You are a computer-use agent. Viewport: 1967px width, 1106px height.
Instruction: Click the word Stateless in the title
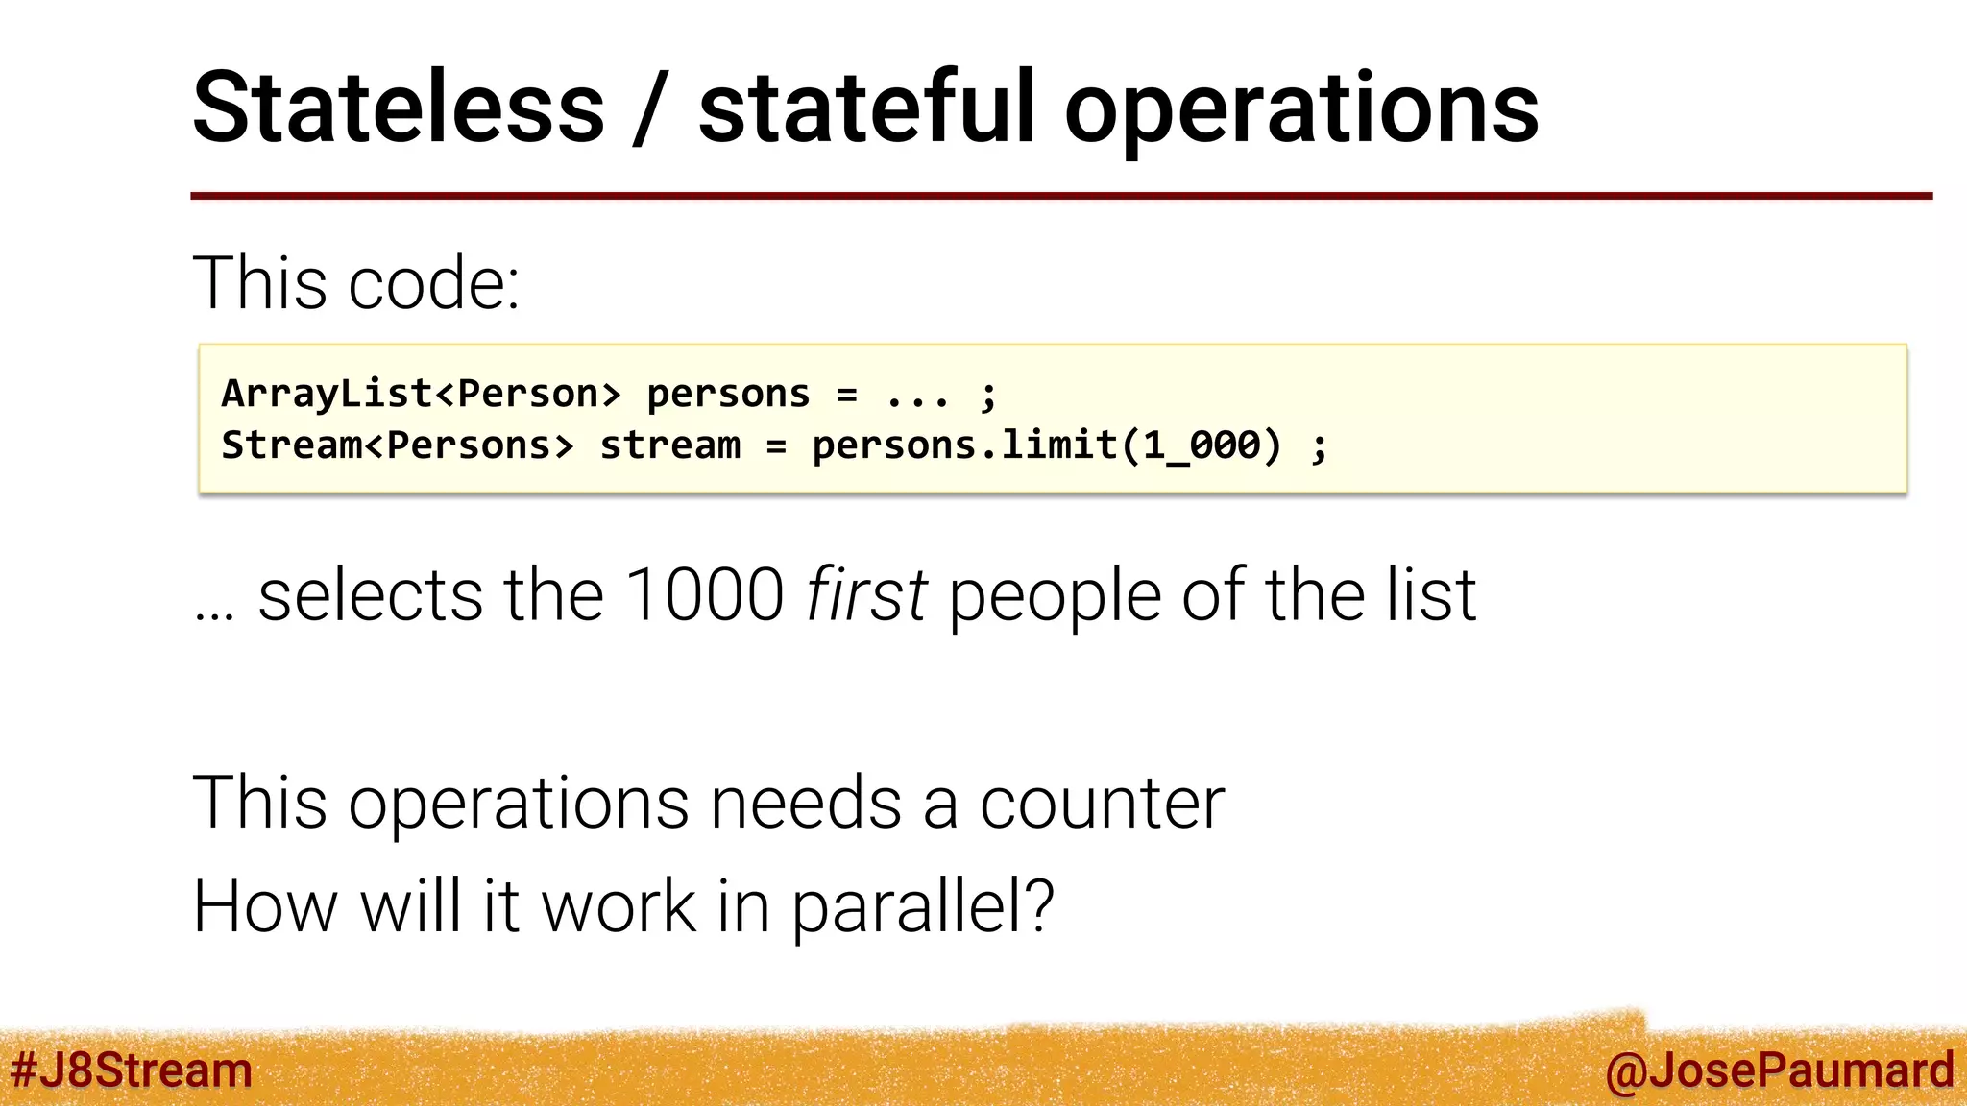point(399,108)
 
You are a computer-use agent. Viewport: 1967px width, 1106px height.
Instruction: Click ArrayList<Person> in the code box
point(421,394)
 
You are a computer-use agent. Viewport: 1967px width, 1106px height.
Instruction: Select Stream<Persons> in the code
point(397,445)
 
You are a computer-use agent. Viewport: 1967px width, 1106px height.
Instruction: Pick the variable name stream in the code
point(669,445)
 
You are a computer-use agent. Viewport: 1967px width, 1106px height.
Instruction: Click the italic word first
point(866,595)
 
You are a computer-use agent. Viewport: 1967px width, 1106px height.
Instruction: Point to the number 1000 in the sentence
point(704,595)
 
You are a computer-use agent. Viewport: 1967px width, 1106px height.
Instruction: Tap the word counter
point(1102,804)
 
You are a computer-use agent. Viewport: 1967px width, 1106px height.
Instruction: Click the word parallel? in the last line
point(922,908)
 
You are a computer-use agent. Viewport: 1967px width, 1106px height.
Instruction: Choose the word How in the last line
point(265,906)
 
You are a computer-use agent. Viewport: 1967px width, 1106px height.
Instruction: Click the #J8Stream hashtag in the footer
point(131,1070)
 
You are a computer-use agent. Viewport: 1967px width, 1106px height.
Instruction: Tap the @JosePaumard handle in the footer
point(1779,1070)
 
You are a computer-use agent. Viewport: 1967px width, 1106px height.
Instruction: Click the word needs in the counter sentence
point(805,804)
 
